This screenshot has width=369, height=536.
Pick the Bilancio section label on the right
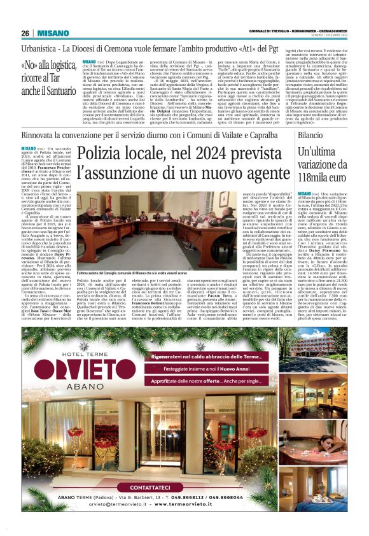tap(310, 136)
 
